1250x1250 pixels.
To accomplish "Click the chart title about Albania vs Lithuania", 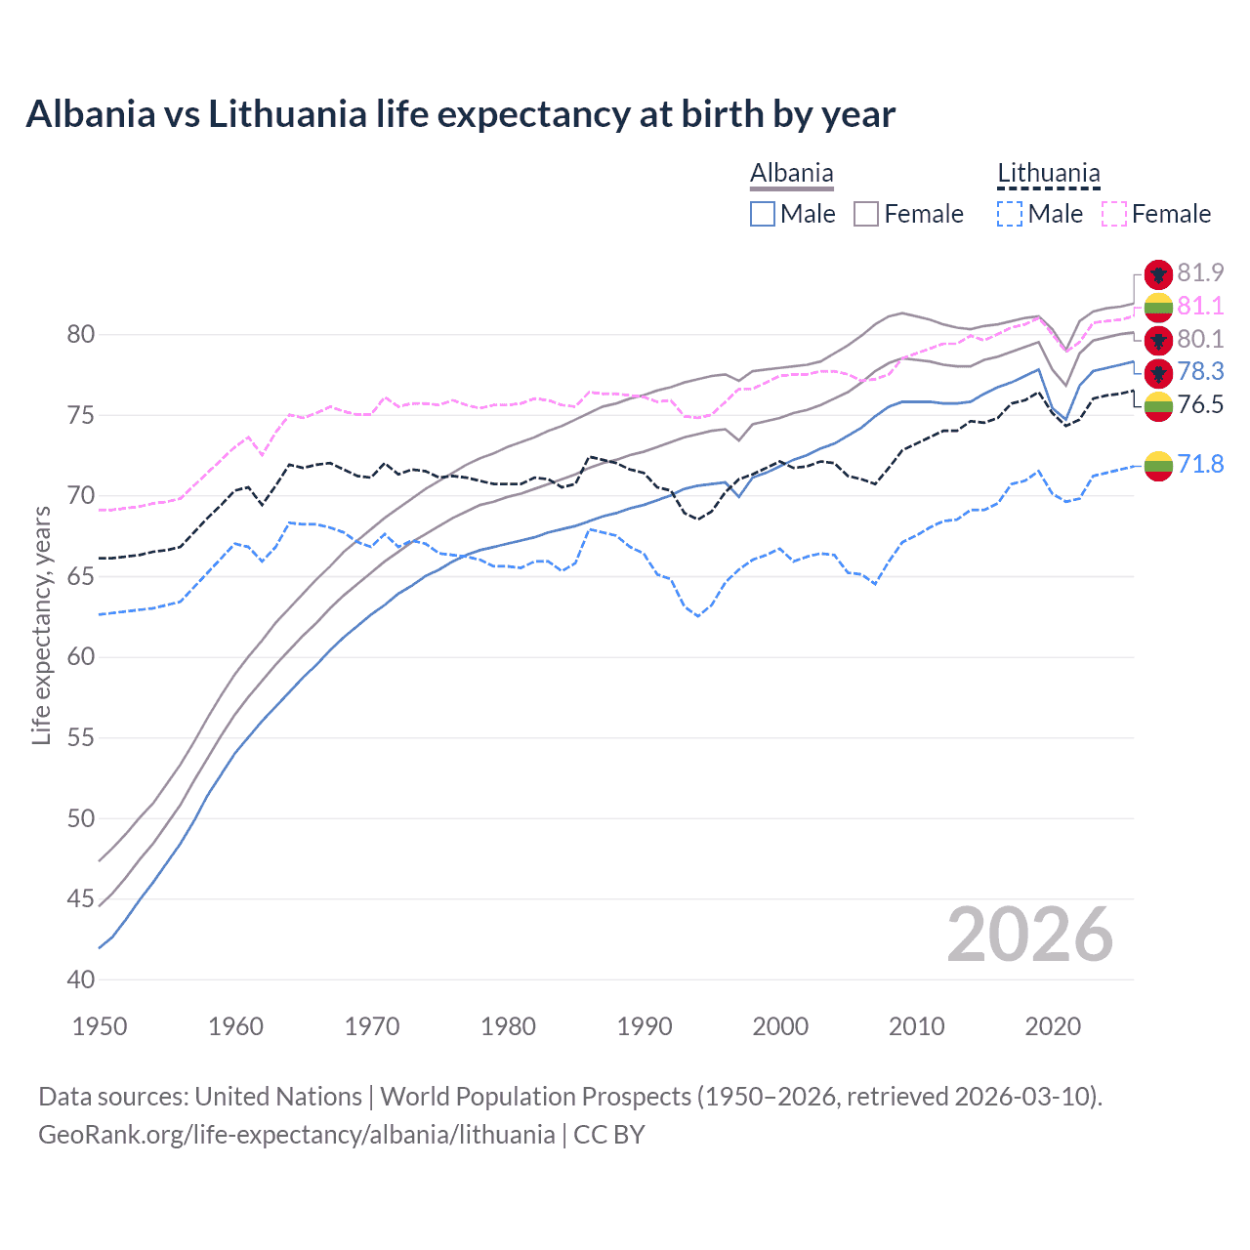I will point(460,114).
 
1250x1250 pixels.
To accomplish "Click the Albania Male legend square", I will point(763,214).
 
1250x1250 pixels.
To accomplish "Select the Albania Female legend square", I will point(866,214).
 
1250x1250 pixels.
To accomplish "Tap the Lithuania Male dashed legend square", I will point(1010,214).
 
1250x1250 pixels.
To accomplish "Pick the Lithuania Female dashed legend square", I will point(1114,214).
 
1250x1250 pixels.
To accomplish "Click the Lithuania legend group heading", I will point(1048,174).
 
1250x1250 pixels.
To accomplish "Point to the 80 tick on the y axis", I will point(80,335).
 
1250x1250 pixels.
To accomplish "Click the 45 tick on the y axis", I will point(80,898).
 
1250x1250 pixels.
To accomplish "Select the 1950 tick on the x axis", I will point(100,1026).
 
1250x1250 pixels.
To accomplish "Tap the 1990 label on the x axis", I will point(645,1026).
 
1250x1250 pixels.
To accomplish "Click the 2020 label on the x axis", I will point(1053,1026).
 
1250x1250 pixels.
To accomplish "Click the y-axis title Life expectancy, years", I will point(41,625).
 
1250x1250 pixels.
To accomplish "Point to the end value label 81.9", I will point(1200,273).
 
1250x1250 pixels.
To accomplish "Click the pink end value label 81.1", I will point(1200,307).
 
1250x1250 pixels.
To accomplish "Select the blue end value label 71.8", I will point(1200,464).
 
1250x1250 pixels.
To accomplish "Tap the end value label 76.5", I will point(1200,404).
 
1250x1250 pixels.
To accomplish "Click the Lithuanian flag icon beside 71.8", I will point(1158,466).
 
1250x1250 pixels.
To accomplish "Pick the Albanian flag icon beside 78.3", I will point(1158,372).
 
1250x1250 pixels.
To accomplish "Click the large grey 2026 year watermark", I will point(1030,935).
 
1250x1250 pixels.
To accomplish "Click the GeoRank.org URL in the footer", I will point(296,1135).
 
